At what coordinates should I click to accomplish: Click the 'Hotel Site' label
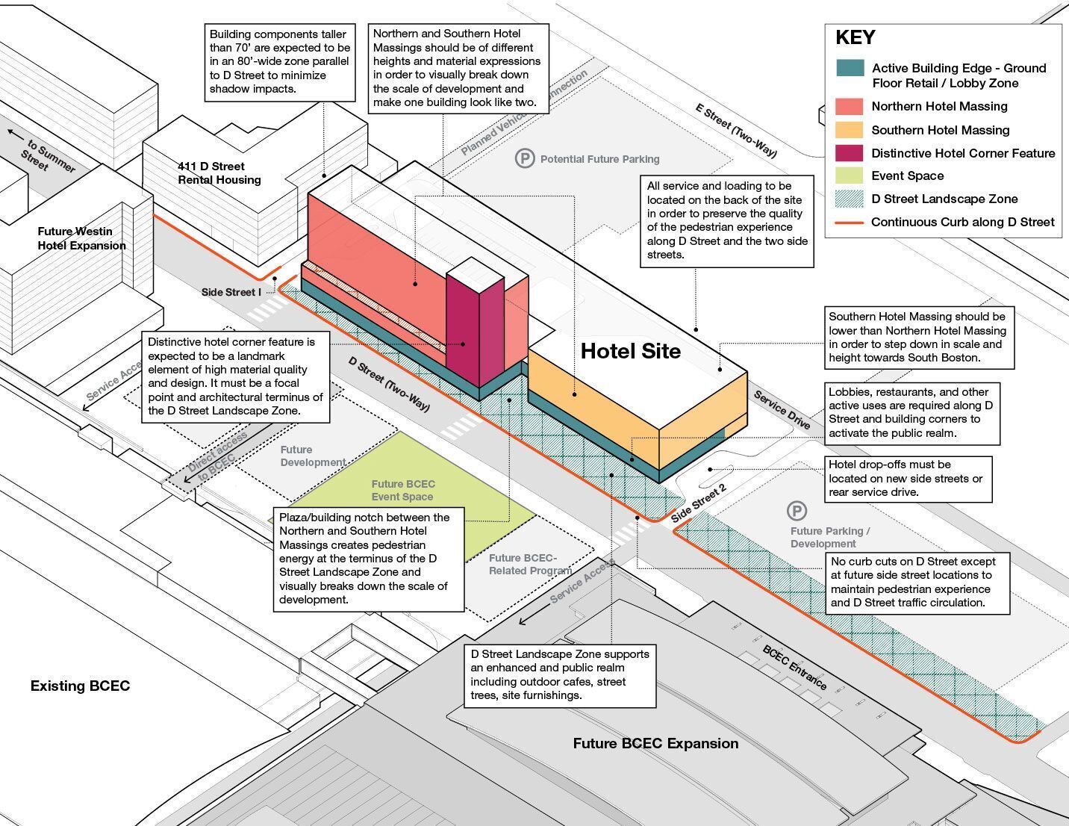click(x=631, y=351)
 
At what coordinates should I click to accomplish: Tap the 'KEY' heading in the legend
click(x=855, y=37)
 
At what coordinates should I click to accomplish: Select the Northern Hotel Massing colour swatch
click(x=849, y=106)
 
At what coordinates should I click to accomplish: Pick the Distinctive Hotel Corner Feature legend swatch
click(x=849, y=153)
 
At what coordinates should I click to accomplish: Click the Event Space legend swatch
click(x=849, y=176)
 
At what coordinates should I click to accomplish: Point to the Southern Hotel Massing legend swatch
click(x=849, y=130)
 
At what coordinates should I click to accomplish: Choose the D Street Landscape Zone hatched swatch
click(x=849, y=199)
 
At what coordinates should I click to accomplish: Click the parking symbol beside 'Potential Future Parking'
click(x=525, y=158)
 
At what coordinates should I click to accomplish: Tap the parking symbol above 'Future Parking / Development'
click(x=797, y=510)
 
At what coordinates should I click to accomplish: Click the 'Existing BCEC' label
click(x=80, y=686)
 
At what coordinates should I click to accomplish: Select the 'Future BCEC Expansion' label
click(x=655, y=743)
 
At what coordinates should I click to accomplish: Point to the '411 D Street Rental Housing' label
click(x=219, y=173)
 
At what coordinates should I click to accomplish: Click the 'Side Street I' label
click(x=231, y=292)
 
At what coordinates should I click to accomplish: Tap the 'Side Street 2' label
click(x=699, y=503)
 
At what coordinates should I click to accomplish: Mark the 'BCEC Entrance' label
click(x=794, y=667)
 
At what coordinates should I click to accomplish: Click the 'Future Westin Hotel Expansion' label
click(x=81, y=238)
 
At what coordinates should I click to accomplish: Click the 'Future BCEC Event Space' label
click(x=403, y=491)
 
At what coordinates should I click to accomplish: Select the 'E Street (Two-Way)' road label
click(x=736, y=131)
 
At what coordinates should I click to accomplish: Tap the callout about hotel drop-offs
click(x=909, y=479)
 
